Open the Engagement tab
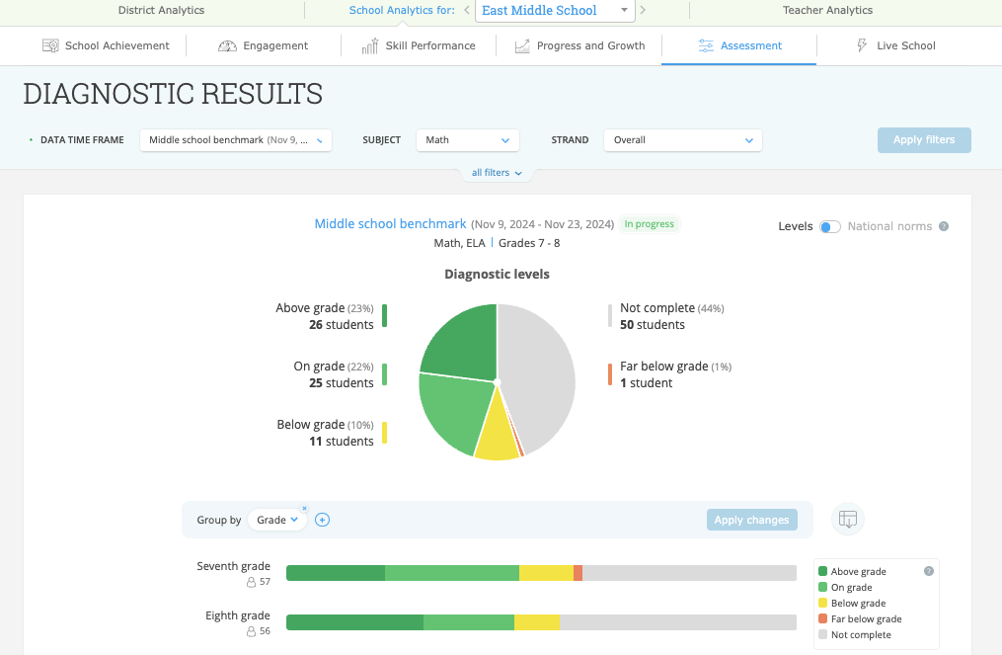pyautogui.click(x=264, y=45)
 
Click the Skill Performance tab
pyautogui.click(x=418, y=45)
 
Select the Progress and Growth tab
pyautogui.click(x=579, y=45)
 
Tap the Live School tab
pyautogui.click(x=895, y=45)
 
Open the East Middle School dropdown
pyautogui.click(x=554, y=11)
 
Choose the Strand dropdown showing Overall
pyautogui.click(x=682, y=140)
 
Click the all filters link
pyautogui.click(x=497, y=173)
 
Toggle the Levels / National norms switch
pyautogui.click(x=830, y=226)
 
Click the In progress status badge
pyautogui.click(x=649, y=224)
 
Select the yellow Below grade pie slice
pyautogui.click(x=497, y=440)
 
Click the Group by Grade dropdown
pyautogui.click(x=276, y=520)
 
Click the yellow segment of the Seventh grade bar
pyautogui.click(x=546, y=573)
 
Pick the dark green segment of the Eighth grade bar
pyautogui.click(x=354, y=622)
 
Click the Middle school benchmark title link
pyautogui.click(x=390, y=224)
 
